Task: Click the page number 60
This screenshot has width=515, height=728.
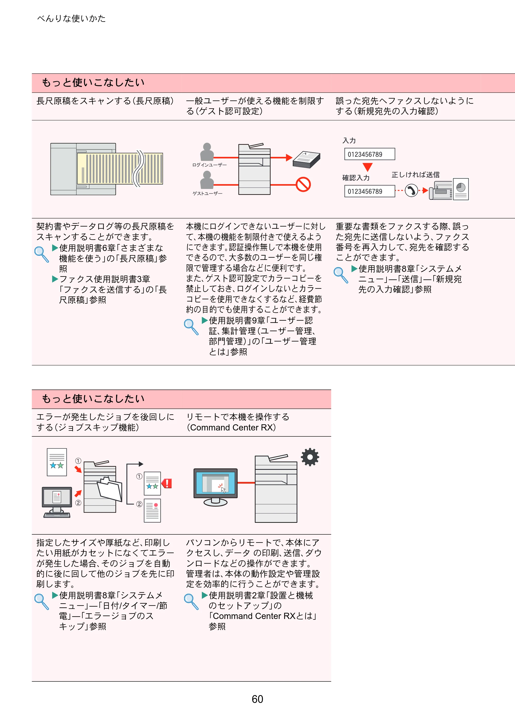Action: point(257,699)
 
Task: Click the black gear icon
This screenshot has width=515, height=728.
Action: point(310,457)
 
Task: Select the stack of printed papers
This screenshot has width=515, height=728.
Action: point(306,159)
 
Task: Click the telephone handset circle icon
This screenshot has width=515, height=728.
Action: point(411,191)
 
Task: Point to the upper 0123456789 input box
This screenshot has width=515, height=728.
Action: point(370,154)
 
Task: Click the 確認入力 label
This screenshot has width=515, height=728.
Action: point(356,178)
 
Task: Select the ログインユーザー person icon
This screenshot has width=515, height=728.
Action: point(207,152)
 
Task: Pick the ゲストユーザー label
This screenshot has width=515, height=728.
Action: point(207,193)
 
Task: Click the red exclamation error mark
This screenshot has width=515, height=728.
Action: point(167,483)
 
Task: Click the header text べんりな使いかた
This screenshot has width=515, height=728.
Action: point(71,19)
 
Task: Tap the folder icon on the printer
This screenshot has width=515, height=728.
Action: point(109,489)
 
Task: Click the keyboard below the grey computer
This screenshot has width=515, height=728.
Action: point(57,515)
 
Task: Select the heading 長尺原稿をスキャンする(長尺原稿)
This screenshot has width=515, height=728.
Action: point(105,101)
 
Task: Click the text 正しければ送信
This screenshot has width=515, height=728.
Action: point(416,175)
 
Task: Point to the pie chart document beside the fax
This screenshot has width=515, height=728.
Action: point(461,189)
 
